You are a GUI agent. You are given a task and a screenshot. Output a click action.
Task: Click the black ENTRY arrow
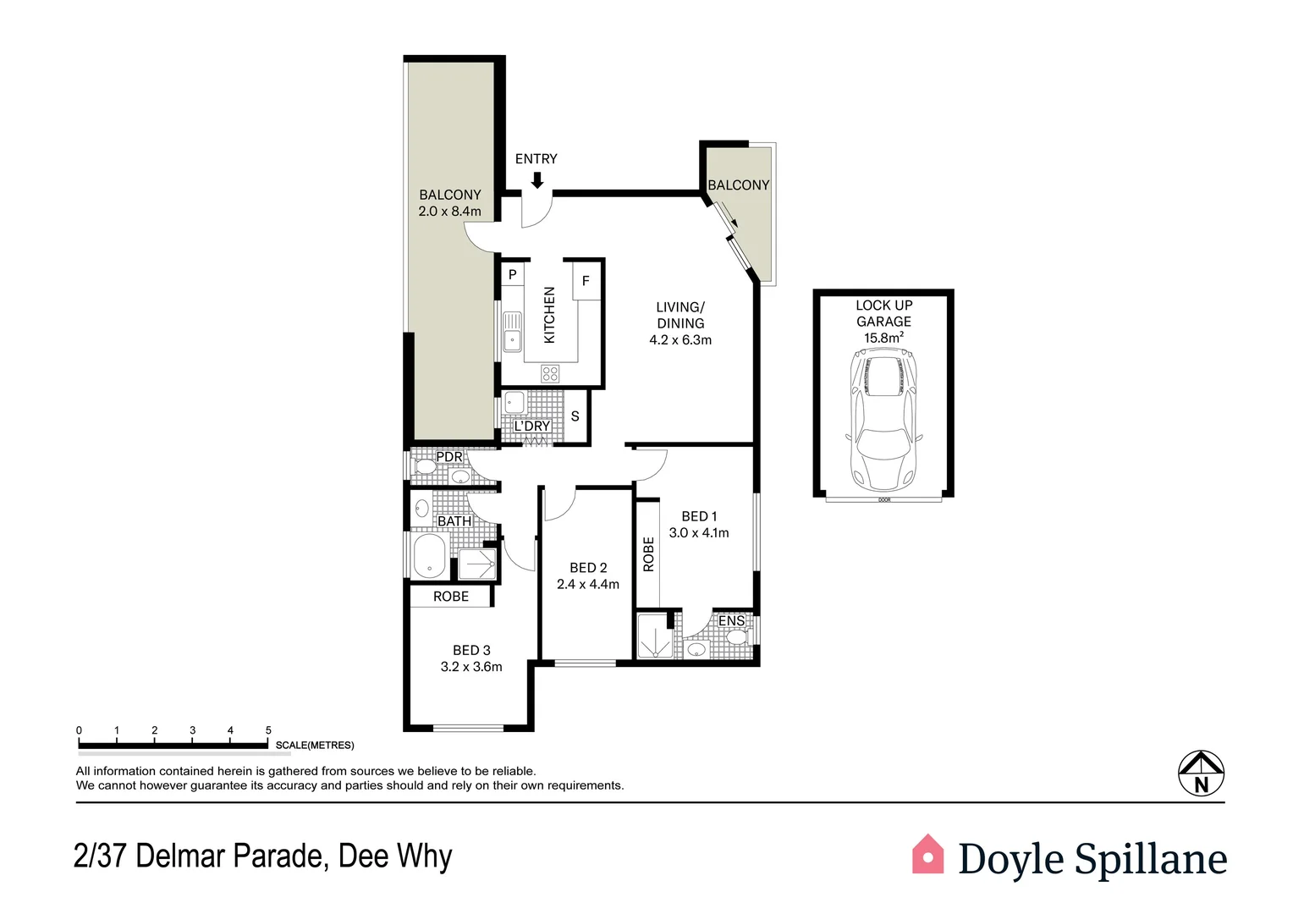click(x=536, y=179)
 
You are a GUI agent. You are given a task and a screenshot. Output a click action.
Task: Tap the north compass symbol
click(x=1201, y=774)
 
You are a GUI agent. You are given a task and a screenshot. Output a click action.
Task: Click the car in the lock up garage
click(x=884, y=421)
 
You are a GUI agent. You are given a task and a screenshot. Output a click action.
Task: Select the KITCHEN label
click(x=549, y=315)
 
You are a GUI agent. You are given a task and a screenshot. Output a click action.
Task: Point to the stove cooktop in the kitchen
click(x=550, y=373)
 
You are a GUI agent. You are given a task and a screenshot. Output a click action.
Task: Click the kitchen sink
click(x=512, y=332)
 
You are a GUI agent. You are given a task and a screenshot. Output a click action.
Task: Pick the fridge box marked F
click(x=586, y=281)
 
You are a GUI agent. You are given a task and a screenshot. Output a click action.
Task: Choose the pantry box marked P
click(x=512, y=275)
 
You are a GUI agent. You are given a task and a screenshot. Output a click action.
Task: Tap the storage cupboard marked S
click(x=575, y=416)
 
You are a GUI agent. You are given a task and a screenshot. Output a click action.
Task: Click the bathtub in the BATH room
click(x=429, y=557)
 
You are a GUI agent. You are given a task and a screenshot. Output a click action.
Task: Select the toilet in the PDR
click(x=425, y=466)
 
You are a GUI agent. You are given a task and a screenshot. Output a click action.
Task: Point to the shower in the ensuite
click(x=654, y=637)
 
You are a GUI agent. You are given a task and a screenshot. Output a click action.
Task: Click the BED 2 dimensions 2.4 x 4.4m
click(x=588, y=585)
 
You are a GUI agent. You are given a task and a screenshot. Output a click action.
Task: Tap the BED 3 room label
click(x=471, y=650)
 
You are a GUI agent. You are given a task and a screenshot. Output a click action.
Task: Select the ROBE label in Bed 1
click(x=648, y=554)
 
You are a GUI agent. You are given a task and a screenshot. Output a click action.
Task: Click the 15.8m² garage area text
click(x=883, y=338)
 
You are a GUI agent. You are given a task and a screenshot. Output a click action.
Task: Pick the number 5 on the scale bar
click(x=268, y=730)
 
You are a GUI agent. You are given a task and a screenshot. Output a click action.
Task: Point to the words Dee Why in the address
click(x=395, y=856)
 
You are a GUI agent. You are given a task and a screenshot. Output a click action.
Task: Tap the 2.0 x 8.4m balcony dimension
click(x=449, y=212)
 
